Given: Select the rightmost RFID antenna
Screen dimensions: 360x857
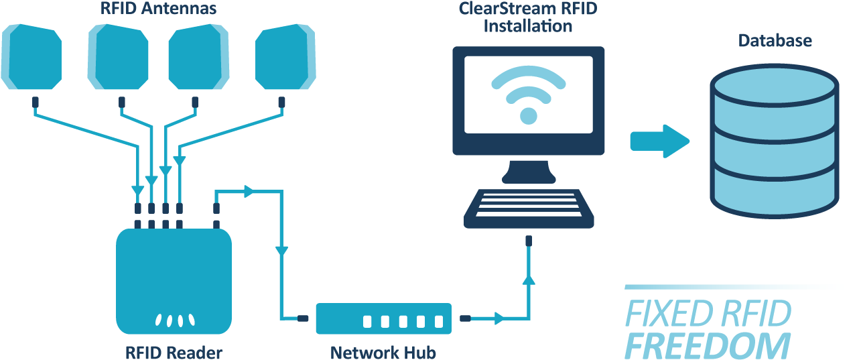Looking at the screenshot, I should tap(286, 60).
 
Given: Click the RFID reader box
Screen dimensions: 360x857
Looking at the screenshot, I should tap(174, 281).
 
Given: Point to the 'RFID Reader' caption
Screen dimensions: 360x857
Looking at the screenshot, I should tap(174, 351).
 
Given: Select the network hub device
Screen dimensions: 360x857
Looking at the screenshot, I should tap(385, 318).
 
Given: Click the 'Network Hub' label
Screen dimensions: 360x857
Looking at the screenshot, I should tap(383, 352).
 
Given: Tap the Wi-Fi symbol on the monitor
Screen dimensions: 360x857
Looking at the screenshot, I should tap(528, 94).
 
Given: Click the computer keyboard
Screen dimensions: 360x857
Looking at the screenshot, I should tap(529, 208).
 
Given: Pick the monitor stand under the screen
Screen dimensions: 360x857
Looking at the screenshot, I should tap(529, 172).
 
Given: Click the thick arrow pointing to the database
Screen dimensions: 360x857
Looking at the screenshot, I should tap(659, 141).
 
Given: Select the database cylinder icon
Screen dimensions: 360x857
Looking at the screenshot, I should tap(774, 143).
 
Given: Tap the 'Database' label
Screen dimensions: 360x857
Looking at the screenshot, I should tap(775, 41).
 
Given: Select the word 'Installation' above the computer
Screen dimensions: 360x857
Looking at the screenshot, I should tap(528, 27).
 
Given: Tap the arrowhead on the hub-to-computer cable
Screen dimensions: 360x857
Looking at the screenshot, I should tap(499, 318).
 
